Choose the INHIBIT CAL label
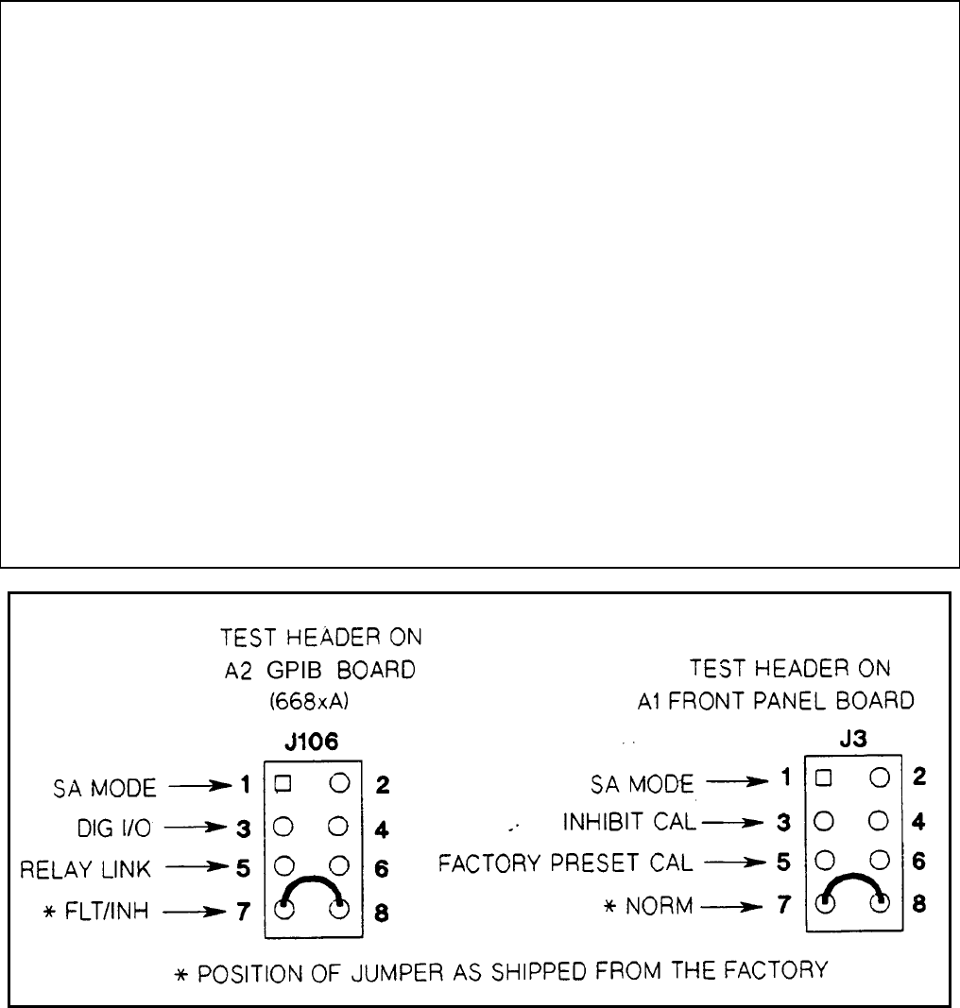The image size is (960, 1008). [x=629, y=822]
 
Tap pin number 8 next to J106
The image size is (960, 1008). [x=381, y=914]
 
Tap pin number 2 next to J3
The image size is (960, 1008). [x=920, y=777]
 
